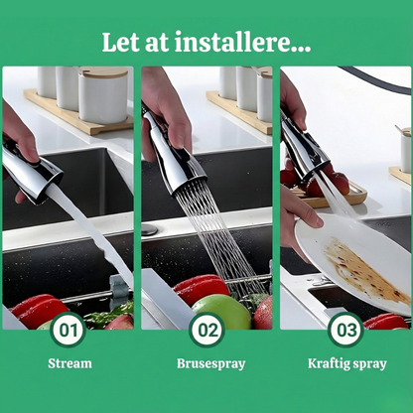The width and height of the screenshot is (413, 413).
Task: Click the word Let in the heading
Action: coord(120,42)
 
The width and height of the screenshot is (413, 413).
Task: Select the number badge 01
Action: coord(69,331)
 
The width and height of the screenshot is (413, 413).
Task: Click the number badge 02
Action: coord(207,331)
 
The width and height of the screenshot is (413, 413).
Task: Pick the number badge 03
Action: coord(346,331)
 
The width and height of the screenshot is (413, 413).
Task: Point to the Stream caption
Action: coord(69,363)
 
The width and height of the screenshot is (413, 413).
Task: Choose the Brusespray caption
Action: coord(211,363)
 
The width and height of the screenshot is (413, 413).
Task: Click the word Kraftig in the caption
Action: coord(328,363)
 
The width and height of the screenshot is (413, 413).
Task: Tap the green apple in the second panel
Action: coord(222,312)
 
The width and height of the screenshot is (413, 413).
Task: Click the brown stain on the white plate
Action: coord(364,270)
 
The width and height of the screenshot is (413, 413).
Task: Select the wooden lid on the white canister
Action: coord(103,72)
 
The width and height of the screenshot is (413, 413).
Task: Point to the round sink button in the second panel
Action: coord(149,229)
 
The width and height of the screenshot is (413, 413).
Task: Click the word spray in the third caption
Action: coord(369,364)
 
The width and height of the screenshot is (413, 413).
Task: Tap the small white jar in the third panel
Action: coord(406,150)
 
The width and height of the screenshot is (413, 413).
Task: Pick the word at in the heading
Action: coord(157,43)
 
